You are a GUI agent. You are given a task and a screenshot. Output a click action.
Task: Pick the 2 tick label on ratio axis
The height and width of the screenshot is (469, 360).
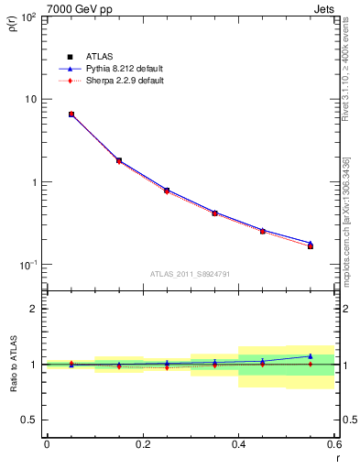coord(34,309)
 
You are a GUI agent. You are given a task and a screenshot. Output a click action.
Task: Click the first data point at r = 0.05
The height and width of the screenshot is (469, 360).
coord(71,115)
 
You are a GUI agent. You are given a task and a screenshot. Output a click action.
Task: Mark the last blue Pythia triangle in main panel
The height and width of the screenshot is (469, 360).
coord(311,243)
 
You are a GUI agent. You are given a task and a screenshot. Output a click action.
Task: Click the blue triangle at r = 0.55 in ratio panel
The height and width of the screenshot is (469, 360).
coord(311,356)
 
